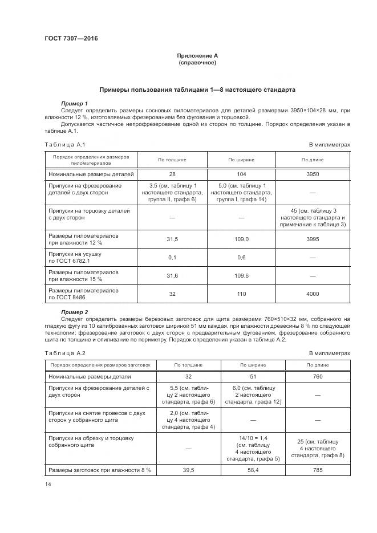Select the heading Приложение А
[x=197, y=56]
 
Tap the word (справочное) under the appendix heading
[x=197, y=63]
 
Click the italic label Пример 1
[x=74, y=103]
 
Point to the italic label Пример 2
[x=74, y=312]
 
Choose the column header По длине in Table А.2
[x=318, y=365]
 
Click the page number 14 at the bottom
[x=47, y=484]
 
